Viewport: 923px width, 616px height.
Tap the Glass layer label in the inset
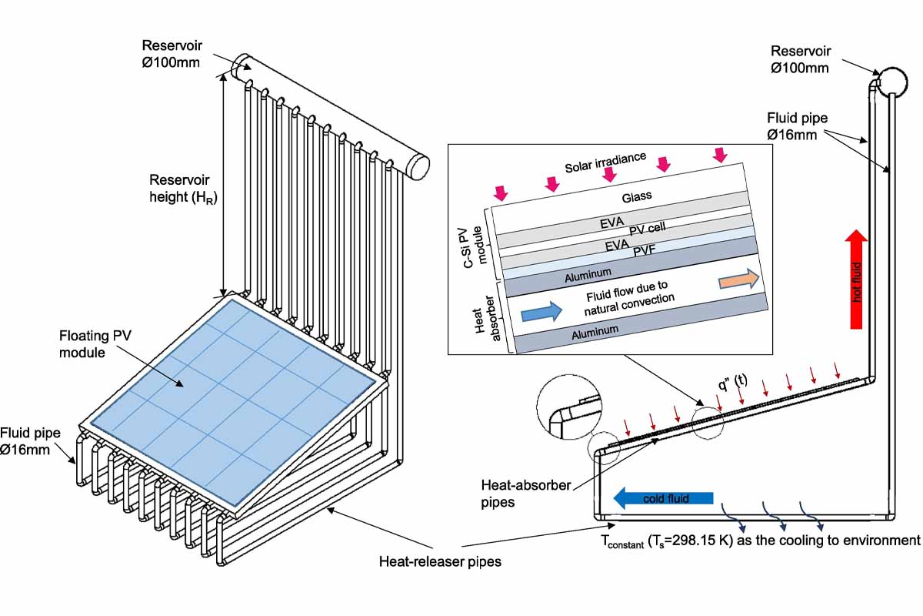pyautogui.click(x=636, y=196)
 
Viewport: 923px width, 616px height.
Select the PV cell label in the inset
pyautogui.click(x=646, y=229)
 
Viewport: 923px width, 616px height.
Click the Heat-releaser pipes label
pyautogui.click(x=440, y=561)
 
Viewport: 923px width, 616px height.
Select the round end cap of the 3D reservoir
pyautogui.click(x=418, y=166)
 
